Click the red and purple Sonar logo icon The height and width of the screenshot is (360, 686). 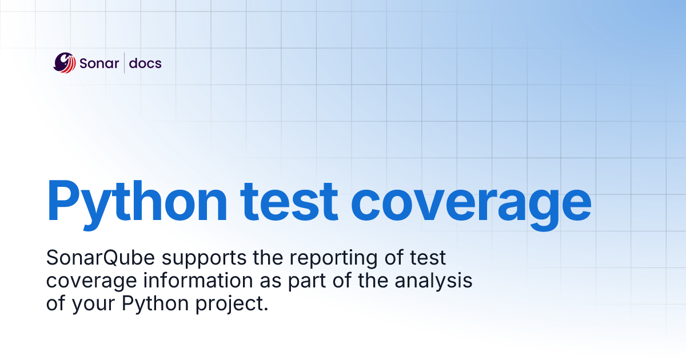(65, 62)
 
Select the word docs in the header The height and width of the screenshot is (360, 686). (145, 63)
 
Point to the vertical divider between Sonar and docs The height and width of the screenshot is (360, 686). (125, 63)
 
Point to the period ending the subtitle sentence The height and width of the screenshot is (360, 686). (266, 309)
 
